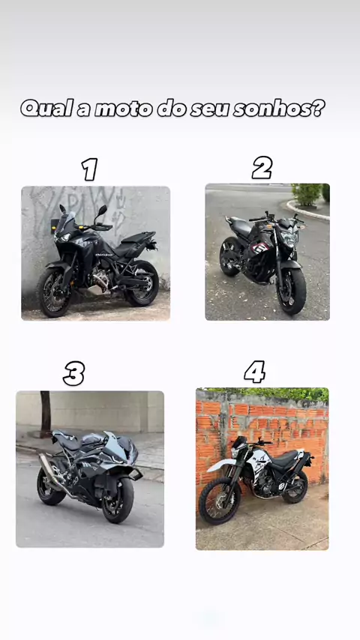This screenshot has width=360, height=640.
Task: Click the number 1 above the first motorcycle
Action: point(90,169)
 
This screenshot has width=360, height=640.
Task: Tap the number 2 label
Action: point(262,168)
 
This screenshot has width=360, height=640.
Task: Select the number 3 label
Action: point(74,373)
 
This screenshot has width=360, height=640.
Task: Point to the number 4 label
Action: point(254,372)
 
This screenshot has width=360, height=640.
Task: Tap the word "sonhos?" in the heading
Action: point(280,109)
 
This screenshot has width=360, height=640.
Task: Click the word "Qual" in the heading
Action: point(46,108)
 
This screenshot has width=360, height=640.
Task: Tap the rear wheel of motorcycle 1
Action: point(142,284)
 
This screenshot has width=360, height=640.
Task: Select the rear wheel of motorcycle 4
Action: point(295,486)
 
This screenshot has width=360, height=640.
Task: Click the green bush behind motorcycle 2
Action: point(307,194)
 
